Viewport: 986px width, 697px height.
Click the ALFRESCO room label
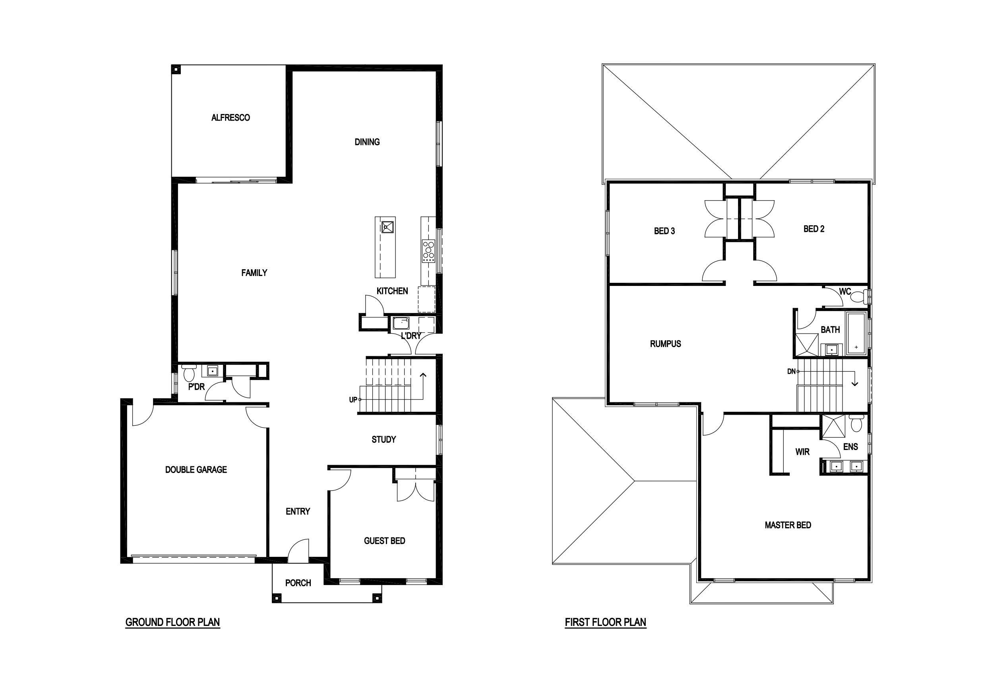231,118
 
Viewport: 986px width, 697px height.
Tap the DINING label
367,142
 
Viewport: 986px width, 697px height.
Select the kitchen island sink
388,227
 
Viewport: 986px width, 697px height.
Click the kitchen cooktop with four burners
428,251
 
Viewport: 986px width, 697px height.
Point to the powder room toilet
189,373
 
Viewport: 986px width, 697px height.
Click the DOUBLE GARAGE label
196,470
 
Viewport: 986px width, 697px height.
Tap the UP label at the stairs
353,400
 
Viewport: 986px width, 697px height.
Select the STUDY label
384,440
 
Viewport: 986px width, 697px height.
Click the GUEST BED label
385,541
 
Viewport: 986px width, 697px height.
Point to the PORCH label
298,583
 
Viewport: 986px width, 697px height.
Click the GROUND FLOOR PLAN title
172,622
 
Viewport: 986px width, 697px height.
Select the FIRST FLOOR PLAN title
606,622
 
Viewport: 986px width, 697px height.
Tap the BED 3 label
664,231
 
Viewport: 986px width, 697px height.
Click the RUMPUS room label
666,344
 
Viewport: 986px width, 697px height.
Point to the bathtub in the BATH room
856,334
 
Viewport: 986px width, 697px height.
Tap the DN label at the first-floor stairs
791,372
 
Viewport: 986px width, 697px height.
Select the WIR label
803,452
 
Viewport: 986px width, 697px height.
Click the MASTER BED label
788,525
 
